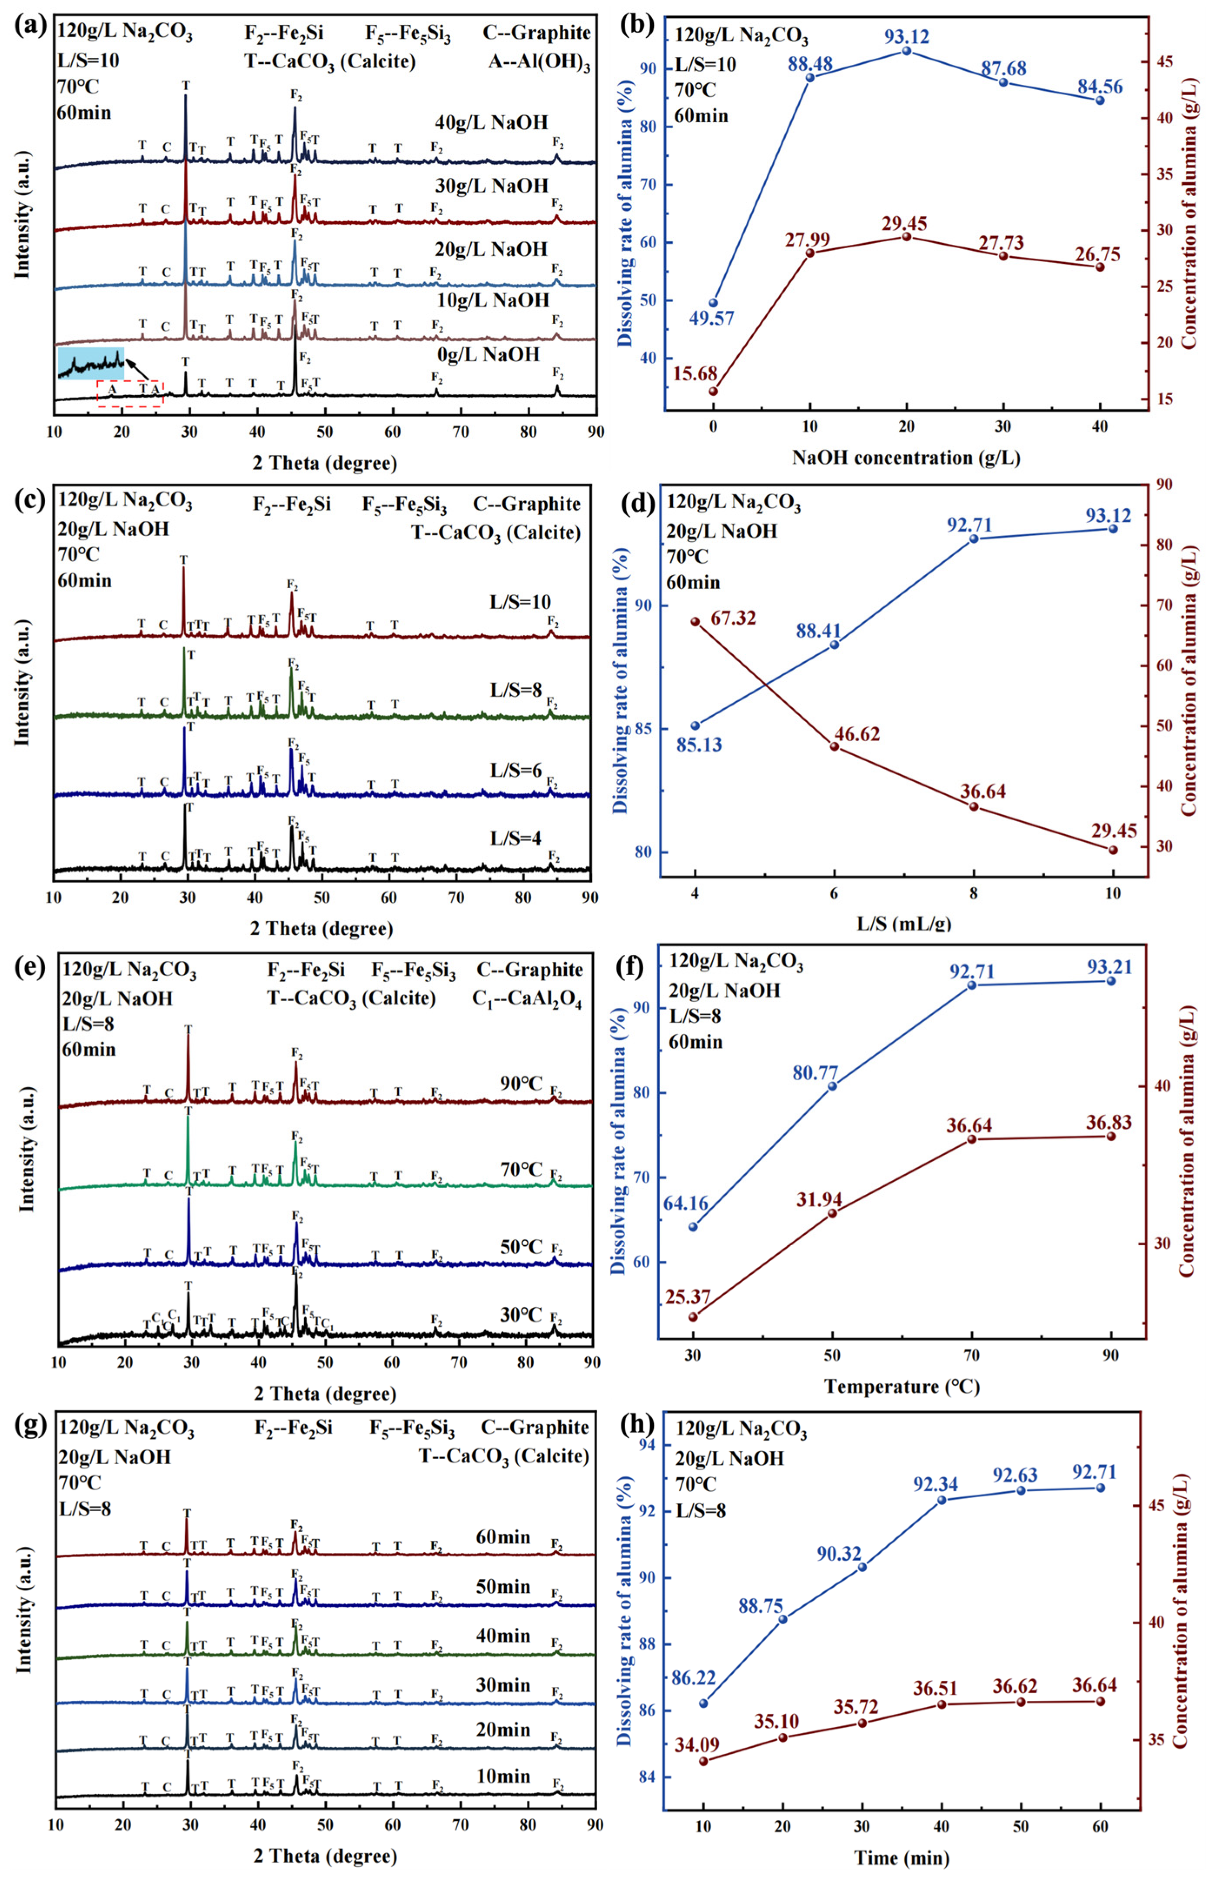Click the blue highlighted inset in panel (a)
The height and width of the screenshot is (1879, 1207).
point(91,363)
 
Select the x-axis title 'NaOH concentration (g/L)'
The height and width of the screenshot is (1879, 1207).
point(906,458)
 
